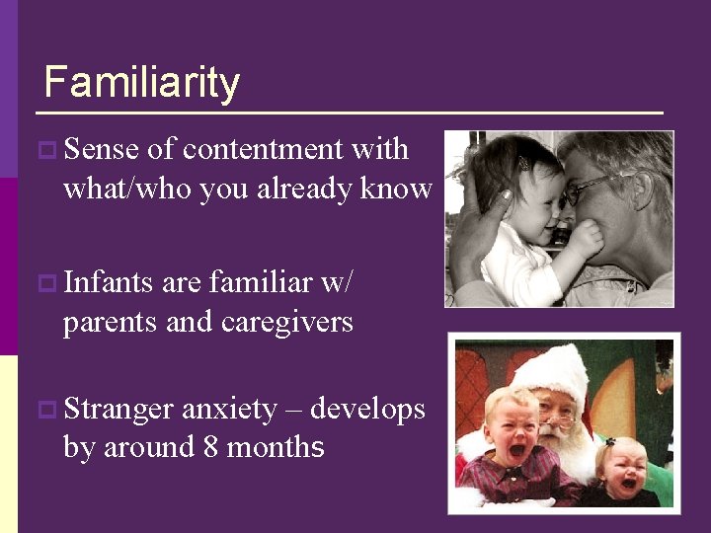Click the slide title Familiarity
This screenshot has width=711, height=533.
[x=141, y=82]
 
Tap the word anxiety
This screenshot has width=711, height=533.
[x=229, y=409]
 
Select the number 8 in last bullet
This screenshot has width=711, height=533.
[x=210, y=447]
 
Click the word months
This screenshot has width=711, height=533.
[x=276, y=447]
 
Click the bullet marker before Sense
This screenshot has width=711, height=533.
[x=45, y=151]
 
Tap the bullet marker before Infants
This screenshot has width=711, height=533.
[x=45, y=284]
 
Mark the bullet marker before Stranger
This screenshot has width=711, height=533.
[x=45, y=410]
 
